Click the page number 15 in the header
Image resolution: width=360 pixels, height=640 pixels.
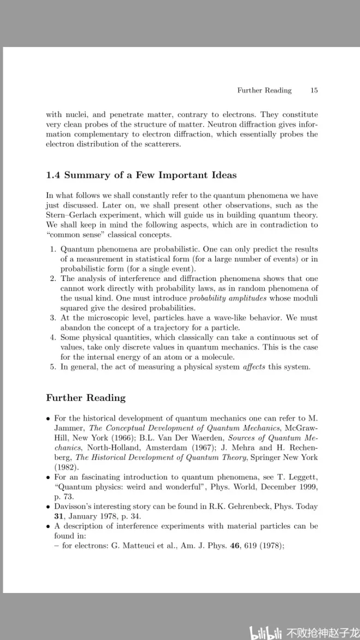coord(314,91)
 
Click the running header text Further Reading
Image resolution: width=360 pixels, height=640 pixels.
coord(264,91)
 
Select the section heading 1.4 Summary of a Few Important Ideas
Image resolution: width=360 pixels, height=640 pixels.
coord(142,175)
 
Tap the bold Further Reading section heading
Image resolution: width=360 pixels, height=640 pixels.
coord(86,398)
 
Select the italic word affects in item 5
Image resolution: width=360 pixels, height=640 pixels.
coord(254,367)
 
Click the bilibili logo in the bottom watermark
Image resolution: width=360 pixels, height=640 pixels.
coord(266,633)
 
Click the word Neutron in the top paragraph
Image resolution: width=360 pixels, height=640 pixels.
coord(203,124)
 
